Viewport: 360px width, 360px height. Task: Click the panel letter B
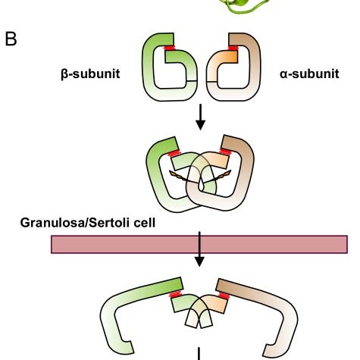pyautogui.click(x=11, y=39)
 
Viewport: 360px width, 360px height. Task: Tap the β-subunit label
pyautogui.click(x=90, y=74)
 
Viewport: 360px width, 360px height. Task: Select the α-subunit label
pyautogui.click(x=309, y=74)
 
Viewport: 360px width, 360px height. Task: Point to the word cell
pyautogui.click(x=145, y=223)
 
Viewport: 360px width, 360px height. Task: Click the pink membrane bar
pyautogui.click(x=199, y=244)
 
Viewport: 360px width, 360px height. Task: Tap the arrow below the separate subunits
pyautogui.click(x=200, y=117)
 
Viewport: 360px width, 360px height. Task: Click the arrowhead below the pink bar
pyautogui.click(x=199, y=261)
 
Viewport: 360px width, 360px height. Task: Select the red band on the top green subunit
pyautogui.click(x=170, y=48)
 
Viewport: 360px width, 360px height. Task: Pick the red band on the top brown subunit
pyautogui.click(x=233, y=48)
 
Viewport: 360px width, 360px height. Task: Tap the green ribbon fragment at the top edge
pyautogui.click(x=244, y=6)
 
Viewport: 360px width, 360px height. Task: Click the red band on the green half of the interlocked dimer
pyautogui.click(x=174, y=153)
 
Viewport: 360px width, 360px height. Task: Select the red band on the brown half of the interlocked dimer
pyautogui.click(x=225, y=152)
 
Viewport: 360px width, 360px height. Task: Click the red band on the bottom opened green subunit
pyautogui.click(x=175, y=295)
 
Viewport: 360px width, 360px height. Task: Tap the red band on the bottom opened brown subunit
pyautogui.click(x=224, y=296)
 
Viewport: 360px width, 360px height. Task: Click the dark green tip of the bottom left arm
pyautogui.click(x=175, y=284)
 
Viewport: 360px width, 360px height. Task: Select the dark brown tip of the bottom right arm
pyautogui.click(x=225, y=286)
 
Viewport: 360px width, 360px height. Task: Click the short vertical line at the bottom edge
pyautogui.click(x=199, y=354)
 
